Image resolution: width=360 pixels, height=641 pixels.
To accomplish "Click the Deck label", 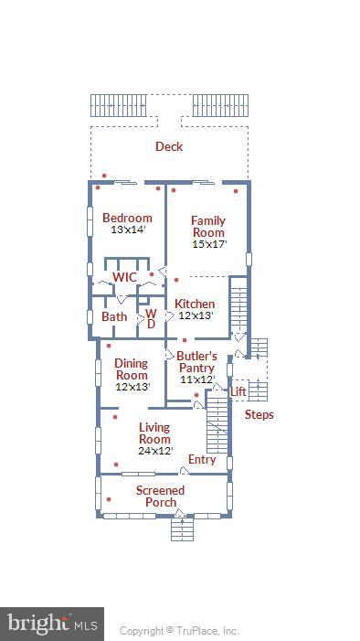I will point(168,146).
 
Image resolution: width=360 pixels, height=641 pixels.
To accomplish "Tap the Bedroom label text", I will point(127,218).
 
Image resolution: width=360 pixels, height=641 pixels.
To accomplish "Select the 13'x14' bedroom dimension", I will point(127,230).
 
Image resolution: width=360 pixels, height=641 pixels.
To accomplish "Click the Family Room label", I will point(207,226).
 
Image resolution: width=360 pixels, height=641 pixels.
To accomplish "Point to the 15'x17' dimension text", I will point(207,245).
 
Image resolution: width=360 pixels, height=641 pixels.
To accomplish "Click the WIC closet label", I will point(124,277).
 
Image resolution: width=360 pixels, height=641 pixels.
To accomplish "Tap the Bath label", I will point(114,316).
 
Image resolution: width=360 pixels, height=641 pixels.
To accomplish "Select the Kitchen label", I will point(195,304).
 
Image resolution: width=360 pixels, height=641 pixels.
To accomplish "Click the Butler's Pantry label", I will point(196,362).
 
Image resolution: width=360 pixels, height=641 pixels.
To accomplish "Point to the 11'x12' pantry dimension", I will point(196,379).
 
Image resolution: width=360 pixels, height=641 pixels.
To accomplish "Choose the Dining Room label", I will point(132,369).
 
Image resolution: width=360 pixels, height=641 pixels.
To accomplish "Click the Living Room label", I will point(154,433).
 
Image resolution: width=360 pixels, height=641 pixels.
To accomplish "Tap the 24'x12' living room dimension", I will point(154,451).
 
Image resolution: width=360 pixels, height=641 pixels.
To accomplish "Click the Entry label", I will point(202,460).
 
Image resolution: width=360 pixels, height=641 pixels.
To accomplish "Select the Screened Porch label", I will point(161,497).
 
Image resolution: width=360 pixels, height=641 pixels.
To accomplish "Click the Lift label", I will point(238,391).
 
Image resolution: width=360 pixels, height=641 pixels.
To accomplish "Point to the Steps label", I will point(259,414).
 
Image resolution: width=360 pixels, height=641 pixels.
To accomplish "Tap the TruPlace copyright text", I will point(179,630).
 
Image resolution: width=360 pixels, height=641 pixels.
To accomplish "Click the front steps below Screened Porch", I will point(181,529).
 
